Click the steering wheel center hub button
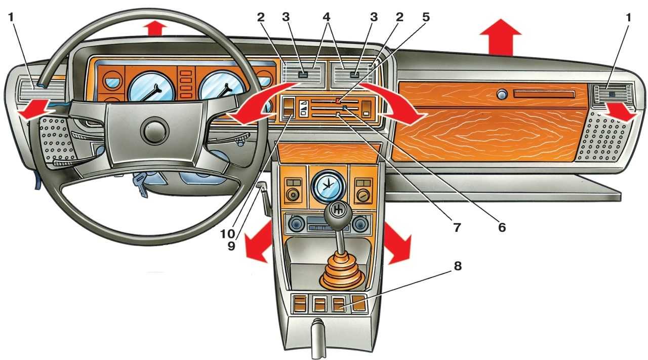pyautogui.click(x=155, y=131)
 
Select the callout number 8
pyautogui.click(x=457, y=266)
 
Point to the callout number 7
pyautogui.click(x=457, y=227)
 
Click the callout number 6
pyautogui.click(x=501, y=227)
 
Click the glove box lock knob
pyautogui.click(x=501, y=94)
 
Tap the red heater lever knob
pyautogui.click(x=338, y=101)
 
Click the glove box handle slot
pyautogui.click(x=544, y=95)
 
